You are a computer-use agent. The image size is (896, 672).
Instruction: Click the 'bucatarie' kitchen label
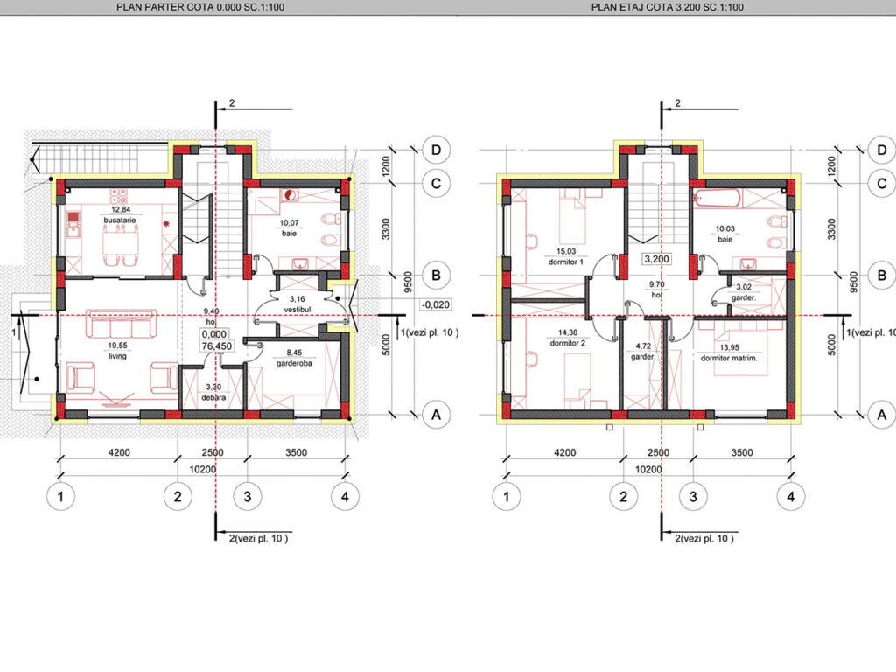(x=120, y=220)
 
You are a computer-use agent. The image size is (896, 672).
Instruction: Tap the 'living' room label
(x=118, y=356)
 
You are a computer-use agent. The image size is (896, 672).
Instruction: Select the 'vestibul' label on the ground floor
(x=297, y=309)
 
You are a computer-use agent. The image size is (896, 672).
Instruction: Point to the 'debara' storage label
(x=213, y=397)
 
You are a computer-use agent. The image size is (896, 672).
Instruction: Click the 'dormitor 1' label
(x=566, y=262)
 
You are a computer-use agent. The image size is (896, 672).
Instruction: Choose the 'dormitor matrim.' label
(x=729, y=358)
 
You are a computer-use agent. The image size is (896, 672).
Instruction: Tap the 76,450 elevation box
(x=217, y=346)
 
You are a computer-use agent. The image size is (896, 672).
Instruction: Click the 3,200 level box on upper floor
(x=656, y=259)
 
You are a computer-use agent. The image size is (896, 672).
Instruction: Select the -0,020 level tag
(x=436, y=304)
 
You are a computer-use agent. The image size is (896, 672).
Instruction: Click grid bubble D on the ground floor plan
(x=436, y=150)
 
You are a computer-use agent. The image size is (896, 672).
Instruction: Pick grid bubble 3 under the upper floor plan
(x=693, y=497)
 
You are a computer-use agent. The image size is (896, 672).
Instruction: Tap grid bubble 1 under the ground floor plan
(x=60, y=497)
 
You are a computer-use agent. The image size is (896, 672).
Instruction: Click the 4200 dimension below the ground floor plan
(x=119, y=452)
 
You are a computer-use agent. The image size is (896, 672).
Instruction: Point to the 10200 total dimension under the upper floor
(x=648, y=470)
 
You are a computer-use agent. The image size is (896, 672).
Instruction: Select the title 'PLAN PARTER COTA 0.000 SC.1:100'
(x=200, y=7)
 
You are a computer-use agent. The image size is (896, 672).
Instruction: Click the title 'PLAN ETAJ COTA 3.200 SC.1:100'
(x=668, y=7)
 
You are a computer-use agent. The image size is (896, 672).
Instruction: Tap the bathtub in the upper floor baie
(x=717, y=199)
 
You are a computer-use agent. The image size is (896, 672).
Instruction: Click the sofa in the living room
(x=121, y=324)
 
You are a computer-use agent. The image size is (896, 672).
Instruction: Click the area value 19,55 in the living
(x=118, y=346)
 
